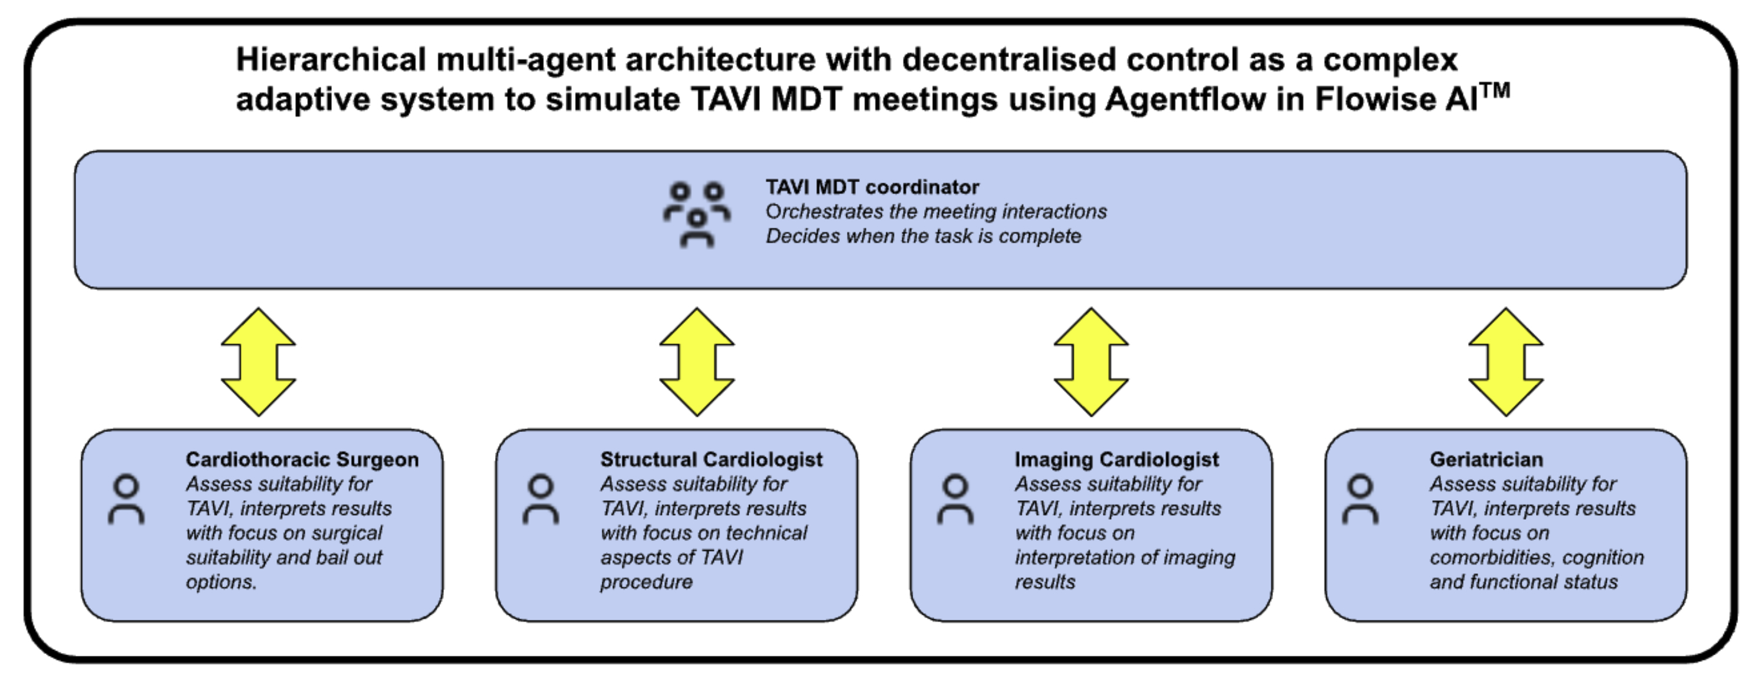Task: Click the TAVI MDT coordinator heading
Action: coord(872,187)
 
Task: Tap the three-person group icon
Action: coord(697,214)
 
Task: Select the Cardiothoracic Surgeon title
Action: coord(302,460)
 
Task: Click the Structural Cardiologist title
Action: coord(711,460)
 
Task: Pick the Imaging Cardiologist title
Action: coord(1116,460)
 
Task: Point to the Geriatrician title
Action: coord(1486,460)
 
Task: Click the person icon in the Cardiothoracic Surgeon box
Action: coord(126,500)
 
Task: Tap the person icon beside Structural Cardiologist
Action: coord(541,500)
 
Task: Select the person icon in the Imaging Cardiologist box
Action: coord(955,500)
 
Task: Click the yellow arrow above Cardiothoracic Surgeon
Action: coord(259,362)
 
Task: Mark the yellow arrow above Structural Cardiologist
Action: coord(697,362)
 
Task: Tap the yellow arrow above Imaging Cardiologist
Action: coord(1092,362)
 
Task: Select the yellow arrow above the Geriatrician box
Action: coord(1506,362)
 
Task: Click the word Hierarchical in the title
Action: coord(331,60)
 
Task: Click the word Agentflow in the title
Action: coord(1185,100)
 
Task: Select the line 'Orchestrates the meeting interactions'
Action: coord(936,212)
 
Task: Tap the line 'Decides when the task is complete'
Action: coord(923,236)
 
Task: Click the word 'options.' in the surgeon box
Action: coord(221,582)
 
